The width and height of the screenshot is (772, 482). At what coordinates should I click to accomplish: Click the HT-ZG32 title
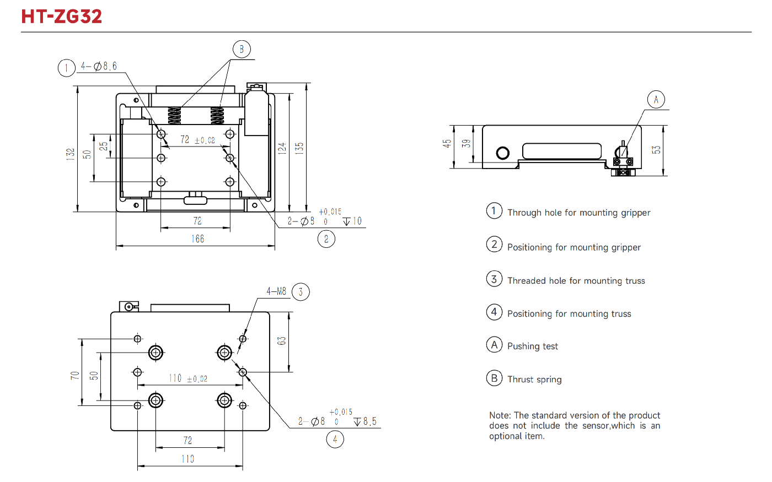coord(62,16)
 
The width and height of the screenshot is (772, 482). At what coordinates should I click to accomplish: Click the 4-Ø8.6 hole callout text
coord(99,66)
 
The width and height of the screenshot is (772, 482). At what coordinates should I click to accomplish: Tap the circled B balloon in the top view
coord(242,50)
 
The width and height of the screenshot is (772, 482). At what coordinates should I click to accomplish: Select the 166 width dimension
coord(197,239)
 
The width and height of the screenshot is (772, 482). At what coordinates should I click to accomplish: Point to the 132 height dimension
coord(71,154)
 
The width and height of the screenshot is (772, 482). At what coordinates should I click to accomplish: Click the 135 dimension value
coord(299,148)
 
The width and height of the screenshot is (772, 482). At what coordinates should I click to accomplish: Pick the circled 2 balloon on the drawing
coord(326,239)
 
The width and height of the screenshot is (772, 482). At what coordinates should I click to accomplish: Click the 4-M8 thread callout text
coord(276,291)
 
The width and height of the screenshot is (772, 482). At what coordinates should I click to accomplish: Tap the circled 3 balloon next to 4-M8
coord(301,292)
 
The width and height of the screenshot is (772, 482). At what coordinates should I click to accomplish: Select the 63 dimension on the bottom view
coord(282,341)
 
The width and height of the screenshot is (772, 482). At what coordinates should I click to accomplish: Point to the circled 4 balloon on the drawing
coord(335,439)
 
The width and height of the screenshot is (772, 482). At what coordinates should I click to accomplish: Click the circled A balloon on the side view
coord(656,100)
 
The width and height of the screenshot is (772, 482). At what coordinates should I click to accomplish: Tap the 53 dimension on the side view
coord(656,149)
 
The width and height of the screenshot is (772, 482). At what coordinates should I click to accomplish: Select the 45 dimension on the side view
coord(447,143)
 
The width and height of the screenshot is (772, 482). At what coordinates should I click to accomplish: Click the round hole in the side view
coord(502,153)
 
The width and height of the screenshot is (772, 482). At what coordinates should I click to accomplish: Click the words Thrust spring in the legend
coord(534,380)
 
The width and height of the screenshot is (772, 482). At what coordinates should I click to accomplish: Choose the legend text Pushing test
coord(532,346)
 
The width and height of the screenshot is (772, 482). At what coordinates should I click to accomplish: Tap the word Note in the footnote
coord(500,415)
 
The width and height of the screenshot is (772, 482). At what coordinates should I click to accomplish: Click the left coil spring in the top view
coord(174,116)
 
